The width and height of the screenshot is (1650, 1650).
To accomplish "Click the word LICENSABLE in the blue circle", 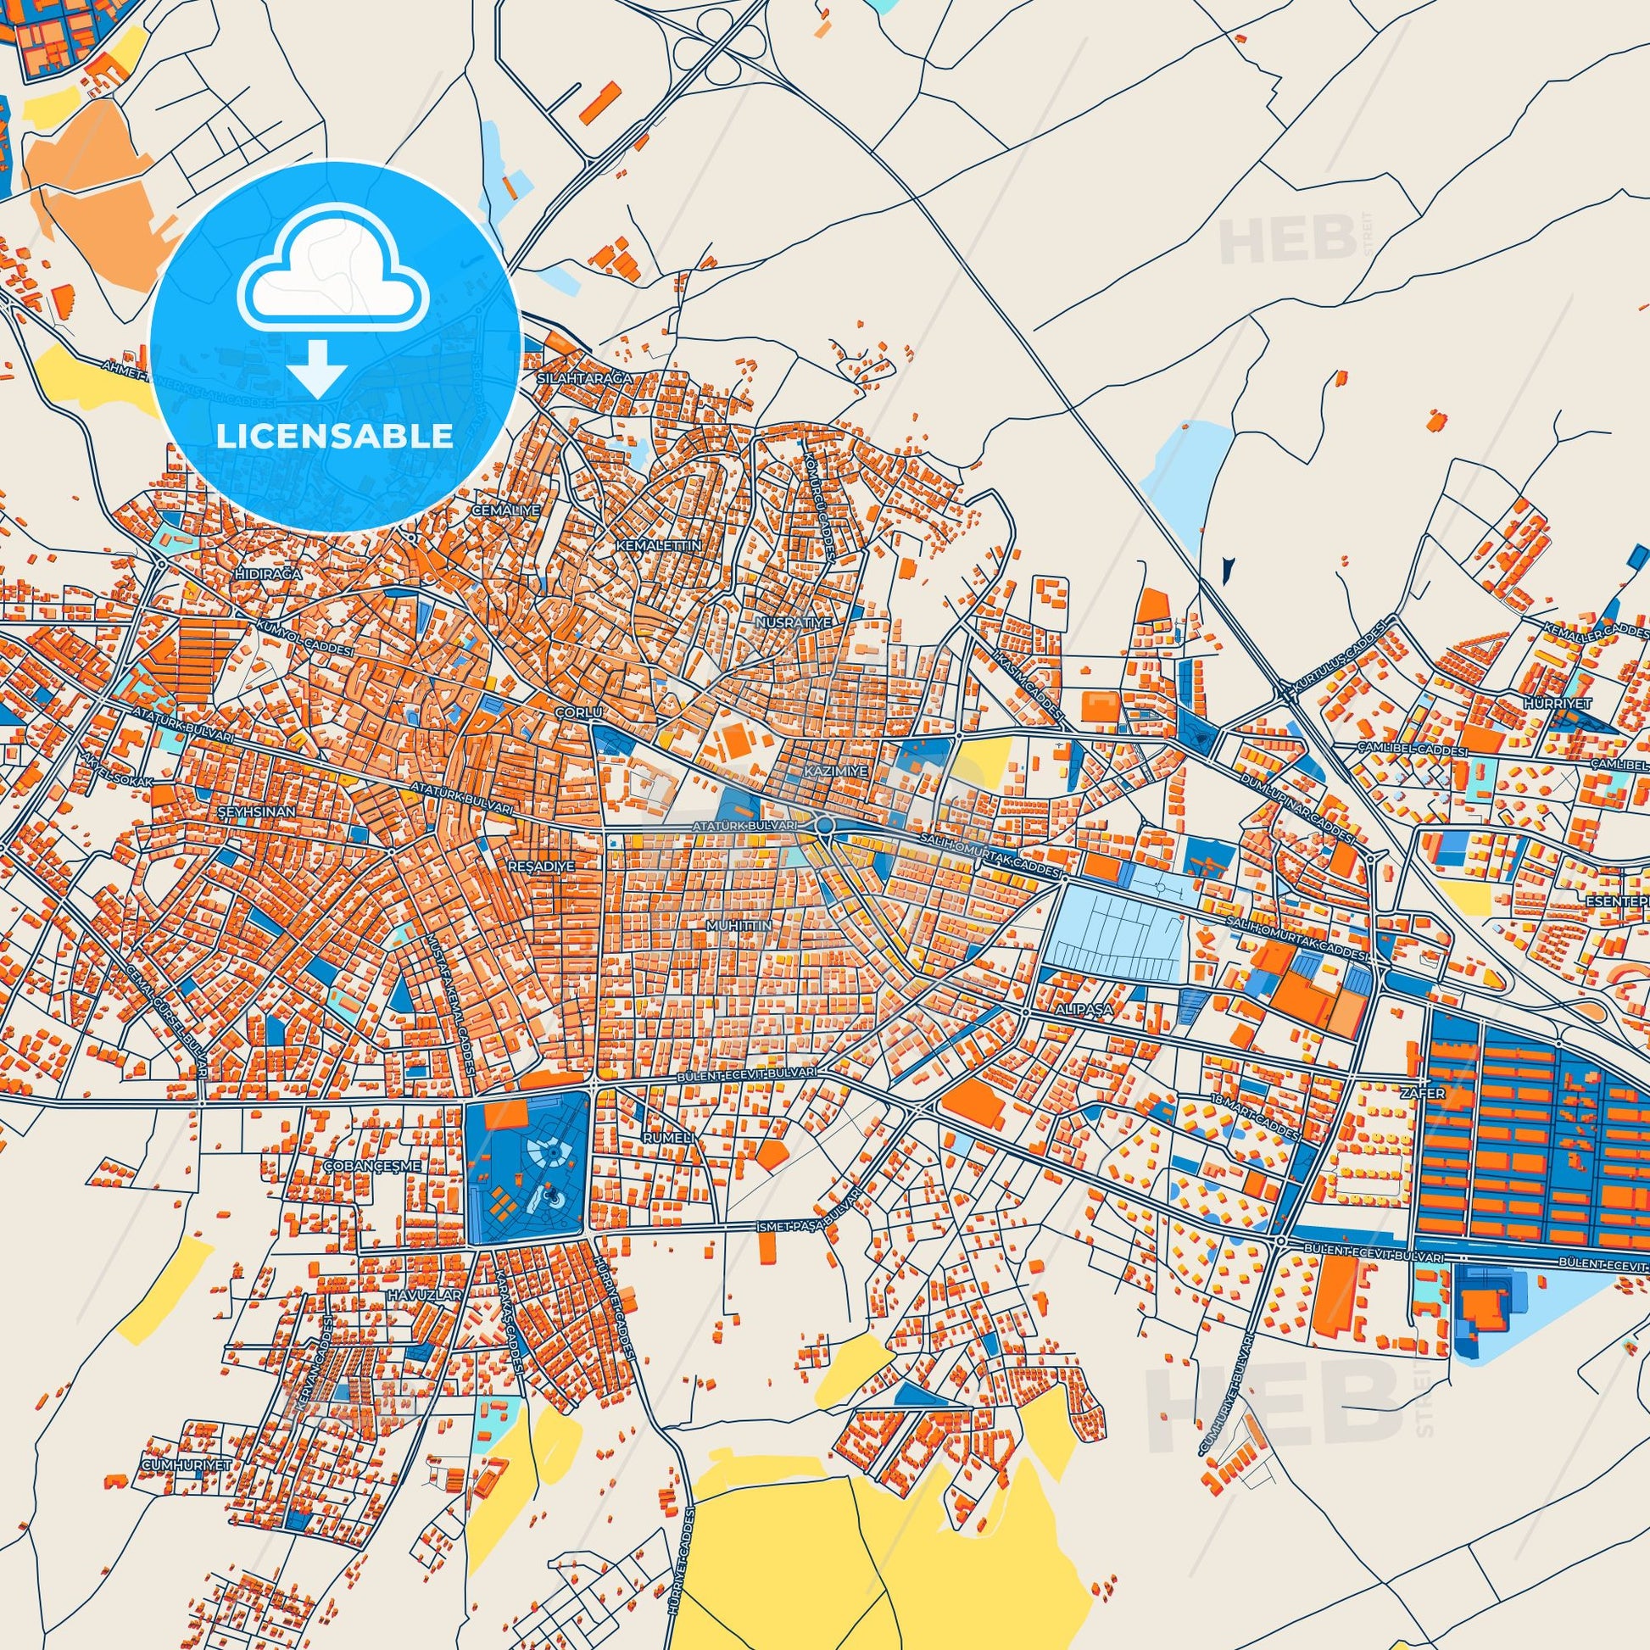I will (335, 437).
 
